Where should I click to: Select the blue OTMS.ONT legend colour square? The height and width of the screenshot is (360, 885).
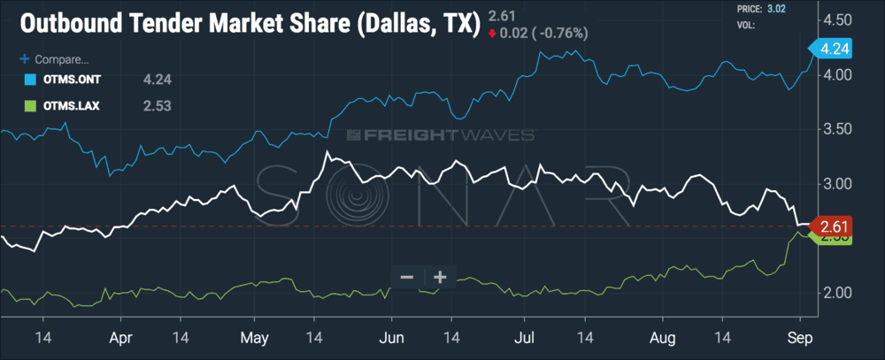[26, 80]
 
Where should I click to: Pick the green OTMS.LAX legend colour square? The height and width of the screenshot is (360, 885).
[26, 106]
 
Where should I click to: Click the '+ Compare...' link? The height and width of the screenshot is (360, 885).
[55, 60]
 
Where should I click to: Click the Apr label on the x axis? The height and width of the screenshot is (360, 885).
[122, 337]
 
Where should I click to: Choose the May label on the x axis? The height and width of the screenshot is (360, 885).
[255, 337]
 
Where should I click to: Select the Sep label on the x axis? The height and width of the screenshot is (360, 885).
[800, 337]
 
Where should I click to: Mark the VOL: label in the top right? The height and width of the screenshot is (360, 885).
[747, 26]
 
